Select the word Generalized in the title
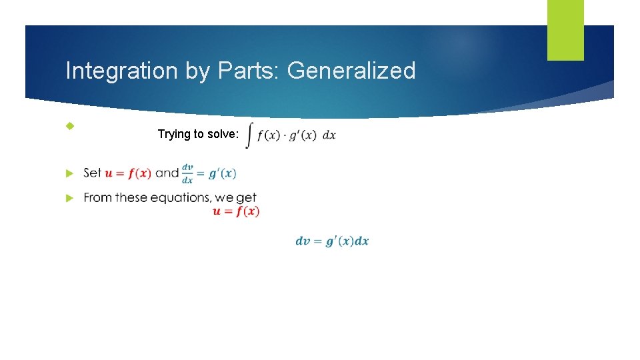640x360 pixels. (x=351, y=71)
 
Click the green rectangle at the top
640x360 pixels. (x=565, y=29)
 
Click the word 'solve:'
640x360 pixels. (x=222, y=134)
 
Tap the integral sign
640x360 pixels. (x=249, y=135)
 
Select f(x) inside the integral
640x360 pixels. (x=268, y=135)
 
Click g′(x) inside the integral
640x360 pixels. (x=303, y=135)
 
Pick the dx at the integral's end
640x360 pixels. (x=329, y=135)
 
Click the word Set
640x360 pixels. (x=93, y=173)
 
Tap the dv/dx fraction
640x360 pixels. (x=188, y=173)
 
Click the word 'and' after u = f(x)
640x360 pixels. (x=167, y=173)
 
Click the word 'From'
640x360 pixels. (x=97, y=197)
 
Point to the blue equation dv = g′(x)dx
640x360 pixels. (x=332, y=241)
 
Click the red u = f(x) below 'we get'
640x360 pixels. (x=236, y=211)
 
